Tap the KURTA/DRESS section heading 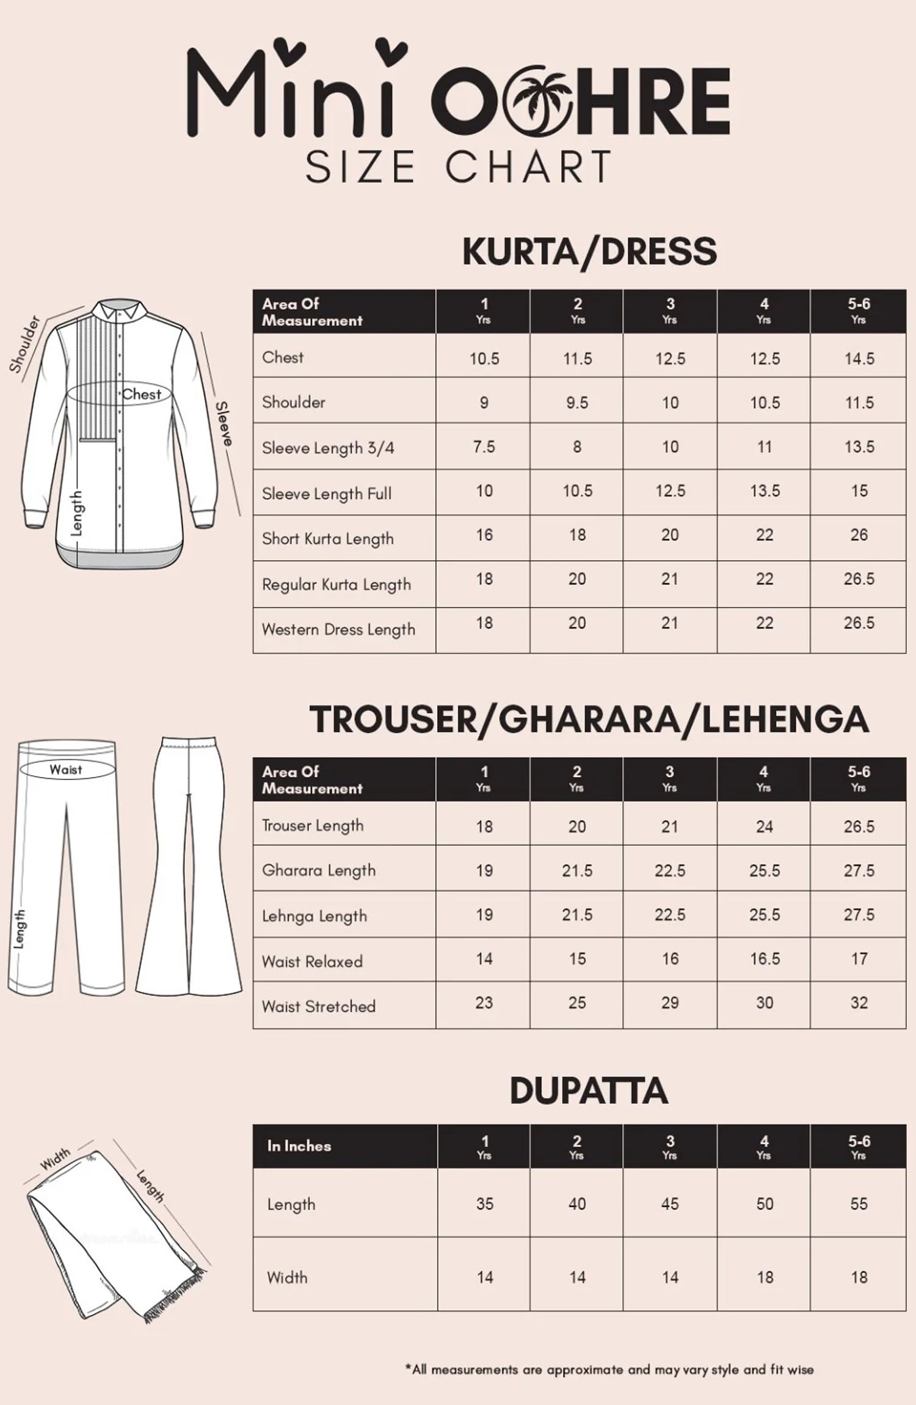pyautogui.click(x=589, y=251)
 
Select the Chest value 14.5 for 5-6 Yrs pyautogui.click(x=859, y=359)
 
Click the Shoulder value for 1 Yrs pyautogui.click(x=484, y=403)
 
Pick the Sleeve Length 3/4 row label pyautogui.click(x=328, y=448)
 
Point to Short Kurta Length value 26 pyautogui.click(x=859, y=535)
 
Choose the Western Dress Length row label pyautogui.click(x=338, y=629)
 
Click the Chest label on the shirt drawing pyautogui.click(x=142, y=395)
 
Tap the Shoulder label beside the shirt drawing pyautogui.click(x=24, y=344)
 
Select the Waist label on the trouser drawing pyautogui.click(x=66, y=770)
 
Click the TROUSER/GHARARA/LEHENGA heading pyautogui.click(x=589, y=719)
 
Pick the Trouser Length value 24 pyautogui.click(x=764, y=827)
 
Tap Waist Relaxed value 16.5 pyautogui.click(x=764, y=959)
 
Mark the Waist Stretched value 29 pyautogui.click(x=670, y=1003)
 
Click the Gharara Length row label pyautogui.click(x=319, y=870)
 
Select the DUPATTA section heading pyautogui.click(x=589, y=1090)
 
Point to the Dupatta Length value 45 pyautogui.click(x=670, y=1204)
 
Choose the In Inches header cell pyautogui.click(x=299, y=1146)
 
